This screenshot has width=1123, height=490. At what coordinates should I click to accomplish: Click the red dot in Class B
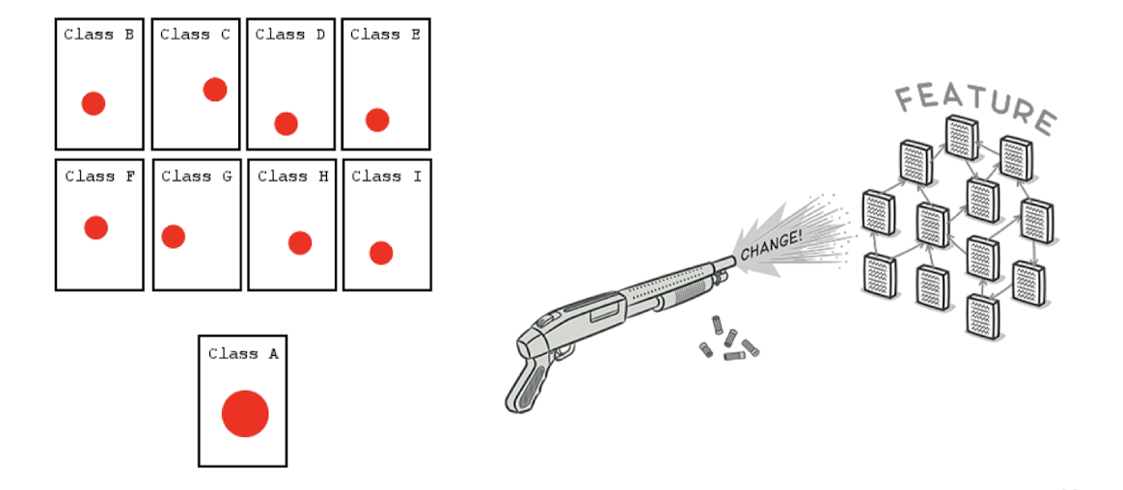click(x=93, y=103)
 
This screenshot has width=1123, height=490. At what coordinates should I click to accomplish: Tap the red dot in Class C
click(x=214, y=90)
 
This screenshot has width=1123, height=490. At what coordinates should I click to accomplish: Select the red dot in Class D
click(x=286, y=123)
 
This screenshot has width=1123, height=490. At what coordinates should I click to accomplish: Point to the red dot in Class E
click(x=377, y=120)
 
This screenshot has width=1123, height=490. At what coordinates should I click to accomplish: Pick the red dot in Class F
click(x=96, y=228)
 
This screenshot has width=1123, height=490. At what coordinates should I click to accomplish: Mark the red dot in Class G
click(x=174, y=236)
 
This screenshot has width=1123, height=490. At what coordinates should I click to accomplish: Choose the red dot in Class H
click(x=300, y=243)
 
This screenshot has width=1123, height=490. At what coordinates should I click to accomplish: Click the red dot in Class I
click(x=381, y=253)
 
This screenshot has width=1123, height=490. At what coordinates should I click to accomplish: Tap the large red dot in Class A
click(x=245, y=414)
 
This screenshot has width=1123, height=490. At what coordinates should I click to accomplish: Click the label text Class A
click(x=243, y=354)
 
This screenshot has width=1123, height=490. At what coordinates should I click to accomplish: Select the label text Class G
click(x=197, y=177)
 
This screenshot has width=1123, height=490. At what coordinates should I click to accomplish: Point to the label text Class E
click(x=385, y=35)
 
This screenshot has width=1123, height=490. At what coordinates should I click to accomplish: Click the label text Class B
click(x=98, y=35)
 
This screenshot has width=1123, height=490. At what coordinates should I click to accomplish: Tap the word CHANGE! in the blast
click(x=771, y=246)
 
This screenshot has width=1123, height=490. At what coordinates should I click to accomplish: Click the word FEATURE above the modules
click(x=974, y=104)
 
